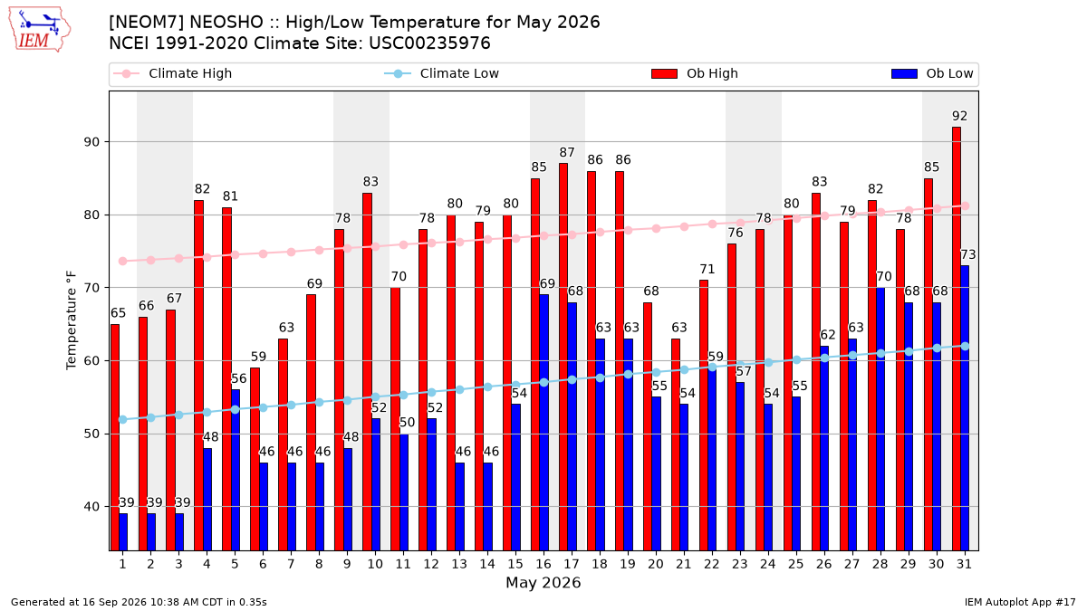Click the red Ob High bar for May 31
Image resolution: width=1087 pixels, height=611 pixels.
coord(956,339)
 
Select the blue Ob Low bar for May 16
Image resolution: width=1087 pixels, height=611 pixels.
coord(544,423)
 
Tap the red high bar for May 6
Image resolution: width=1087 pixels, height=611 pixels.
coord(255,459)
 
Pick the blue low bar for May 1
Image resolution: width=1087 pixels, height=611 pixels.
coord(123,532)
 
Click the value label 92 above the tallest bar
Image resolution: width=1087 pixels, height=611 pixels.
coord(959,117)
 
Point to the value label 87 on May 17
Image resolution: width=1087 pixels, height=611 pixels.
coord(567,153)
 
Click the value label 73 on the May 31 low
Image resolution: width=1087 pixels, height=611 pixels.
coord(968,254)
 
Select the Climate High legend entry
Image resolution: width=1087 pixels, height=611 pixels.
coord(173,73)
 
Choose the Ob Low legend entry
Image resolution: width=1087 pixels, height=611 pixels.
coord(932,73)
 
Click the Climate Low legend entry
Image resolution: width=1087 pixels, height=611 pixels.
coord(442,73)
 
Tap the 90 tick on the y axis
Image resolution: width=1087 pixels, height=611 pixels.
coord(91,142)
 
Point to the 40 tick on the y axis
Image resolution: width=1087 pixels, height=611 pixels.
coord(91,507)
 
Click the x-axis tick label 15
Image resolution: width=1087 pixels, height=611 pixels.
coord(515,565)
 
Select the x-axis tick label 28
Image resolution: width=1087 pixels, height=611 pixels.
coord(880,565)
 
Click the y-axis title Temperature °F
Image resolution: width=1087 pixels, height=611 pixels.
coord(72,320)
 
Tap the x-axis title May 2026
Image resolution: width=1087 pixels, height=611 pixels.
coord(543,582)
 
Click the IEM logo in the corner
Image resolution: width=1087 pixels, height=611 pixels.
coord(39,30)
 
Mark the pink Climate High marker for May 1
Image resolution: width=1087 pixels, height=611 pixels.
coord(123,261)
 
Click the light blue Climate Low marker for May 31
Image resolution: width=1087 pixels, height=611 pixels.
coord(966,346)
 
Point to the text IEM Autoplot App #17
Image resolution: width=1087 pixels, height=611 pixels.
coord(1020,602)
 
